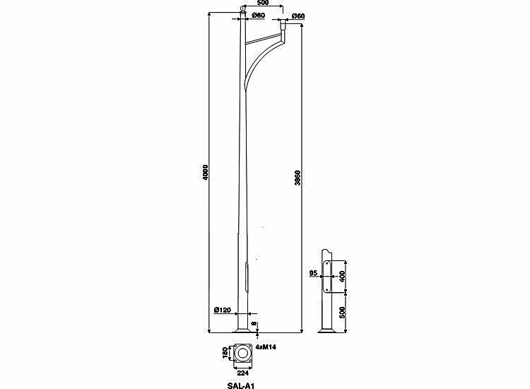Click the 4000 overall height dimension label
click(206, 173)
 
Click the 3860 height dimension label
click(298, 178)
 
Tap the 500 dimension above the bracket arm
click(263, 3)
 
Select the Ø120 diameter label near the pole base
click(223, 310)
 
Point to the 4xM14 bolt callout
click(266, 347)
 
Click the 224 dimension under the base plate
click(243, 373)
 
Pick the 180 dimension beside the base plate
click(225, 353)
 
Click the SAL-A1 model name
click(241, 385)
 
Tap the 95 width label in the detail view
click(313, 273)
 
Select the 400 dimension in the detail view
click(342, 277)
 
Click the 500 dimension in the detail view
click(342, 313)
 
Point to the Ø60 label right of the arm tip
click(298, 16)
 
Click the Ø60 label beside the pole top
click(258, 16)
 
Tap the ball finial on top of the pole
click(242, 8)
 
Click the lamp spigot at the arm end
click(283, 25)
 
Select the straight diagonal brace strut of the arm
click(264, 39)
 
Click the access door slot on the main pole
click(247, 277)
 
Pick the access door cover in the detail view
click(327, 277)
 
